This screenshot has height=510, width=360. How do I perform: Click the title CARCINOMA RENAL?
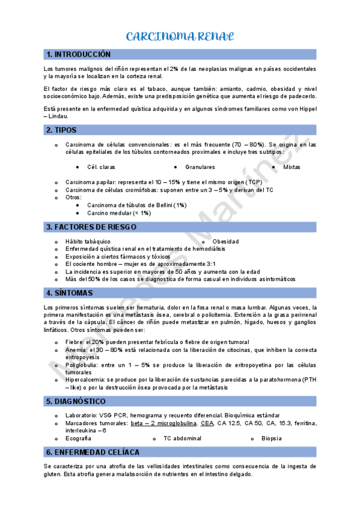point(180,37)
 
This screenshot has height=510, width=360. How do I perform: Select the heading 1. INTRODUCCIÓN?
point(79,54)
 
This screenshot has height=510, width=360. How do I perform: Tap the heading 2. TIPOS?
point(61,130)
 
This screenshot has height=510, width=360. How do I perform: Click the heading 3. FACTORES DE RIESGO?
point(91,227)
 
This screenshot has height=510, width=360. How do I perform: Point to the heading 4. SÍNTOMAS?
point(70,293)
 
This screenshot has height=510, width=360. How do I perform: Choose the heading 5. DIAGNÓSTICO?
point(76,401)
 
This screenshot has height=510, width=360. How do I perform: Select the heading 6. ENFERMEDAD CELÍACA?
point(93,452)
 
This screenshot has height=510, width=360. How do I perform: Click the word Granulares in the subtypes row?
point(200,167)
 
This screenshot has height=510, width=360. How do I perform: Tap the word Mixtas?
point(291,167)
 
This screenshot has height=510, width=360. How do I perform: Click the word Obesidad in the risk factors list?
point(225,241)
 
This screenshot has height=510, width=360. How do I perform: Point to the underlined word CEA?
point(207,423)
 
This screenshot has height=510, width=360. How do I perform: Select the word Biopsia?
point(272,438)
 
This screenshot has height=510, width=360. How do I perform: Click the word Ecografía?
point(79,438)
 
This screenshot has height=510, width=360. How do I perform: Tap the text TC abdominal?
point(182,438)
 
